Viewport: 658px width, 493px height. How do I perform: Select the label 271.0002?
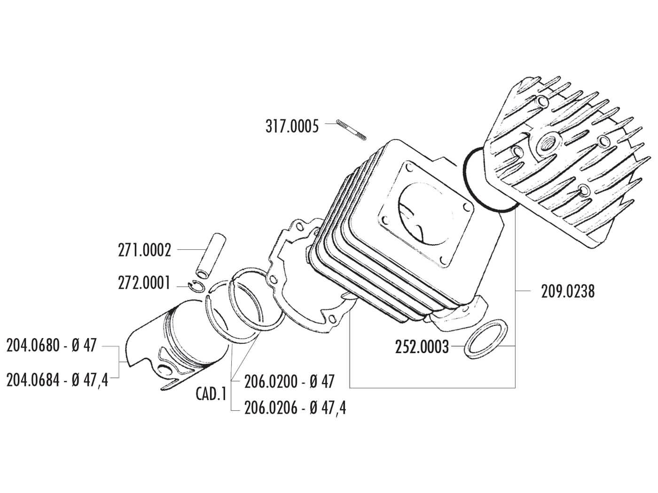pos(144,250)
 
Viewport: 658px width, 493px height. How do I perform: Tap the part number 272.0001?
pos(144,284)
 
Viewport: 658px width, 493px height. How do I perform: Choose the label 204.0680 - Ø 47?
pos(51,346)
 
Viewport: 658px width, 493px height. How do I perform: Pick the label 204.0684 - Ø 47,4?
pos(57,379)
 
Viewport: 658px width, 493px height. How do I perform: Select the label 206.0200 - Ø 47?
pos(289,381)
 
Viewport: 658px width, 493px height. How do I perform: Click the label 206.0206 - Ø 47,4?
pos(295,408)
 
